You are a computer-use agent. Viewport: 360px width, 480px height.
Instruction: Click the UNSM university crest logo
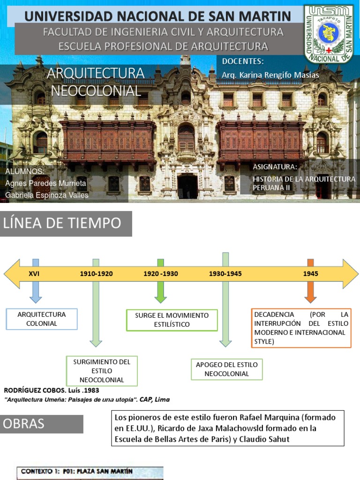click(328, 34)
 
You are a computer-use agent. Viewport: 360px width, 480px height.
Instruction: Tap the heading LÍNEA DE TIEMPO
click(62, 224)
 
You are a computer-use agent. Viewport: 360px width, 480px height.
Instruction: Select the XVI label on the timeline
click(34, 274)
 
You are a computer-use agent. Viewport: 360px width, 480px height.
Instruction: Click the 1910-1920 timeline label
click(96, 274)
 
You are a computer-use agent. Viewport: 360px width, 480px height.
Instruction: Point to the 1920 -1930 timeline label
click(161, 274)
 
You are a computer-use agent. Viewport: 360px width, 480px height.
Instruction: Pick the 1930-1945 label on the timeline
click(225, 274)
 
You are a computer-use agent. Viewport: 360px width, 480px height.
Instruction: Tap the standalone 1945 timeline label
click(310, 274)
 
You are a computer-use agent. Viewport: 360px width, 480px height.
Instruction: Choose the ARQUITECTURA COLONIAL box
click(42, 319)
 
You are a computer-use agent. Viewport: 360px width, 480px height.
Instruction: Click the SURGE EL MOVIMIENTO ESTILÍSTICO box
click(172, 320)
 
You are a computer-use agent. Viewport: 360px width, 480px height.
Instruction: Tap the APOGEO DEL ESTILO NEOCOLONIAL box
click(227, 369)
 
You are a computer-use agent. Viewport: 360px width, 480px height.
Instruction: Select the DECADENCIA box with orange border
click(301, 328)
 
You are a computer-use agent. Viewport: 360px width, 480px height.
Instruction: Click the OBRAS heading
click(42, 424)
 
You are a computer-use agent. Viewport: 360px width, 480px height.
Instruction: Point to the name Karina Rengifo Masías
click(270, 75)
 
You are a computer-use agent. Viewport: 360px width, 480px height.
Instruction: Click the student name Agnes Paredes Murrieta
click(46, 183)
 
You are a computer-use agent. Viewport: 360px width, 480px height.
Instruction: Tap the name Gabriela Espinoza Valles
click(47, 195)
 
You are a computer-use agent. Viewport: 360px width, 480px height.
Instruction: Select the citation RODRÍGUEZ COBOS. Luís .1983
click(52, 390)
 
